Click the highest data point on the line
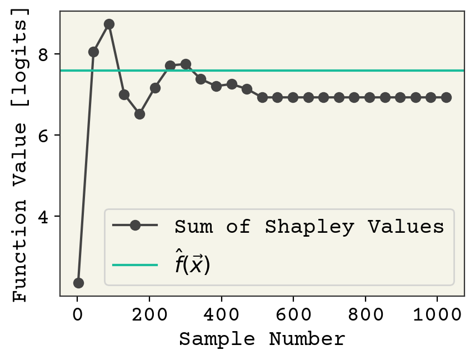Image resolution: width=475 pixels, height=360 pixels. click(x=109, y=24)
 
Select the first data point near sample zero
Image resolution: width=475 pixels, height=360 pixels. click(x=78, y=283)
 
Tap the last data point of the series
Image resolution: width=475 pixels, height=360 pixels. click(x=446, y=97)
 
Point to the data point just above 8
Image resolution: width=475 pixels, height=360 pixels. click(x=93, y=52)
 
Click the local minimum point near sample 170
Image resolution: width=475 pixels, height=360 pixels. click(x=139, y=114)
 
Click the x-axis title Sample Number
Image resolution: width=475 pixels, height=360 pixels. click(x=262, y=339)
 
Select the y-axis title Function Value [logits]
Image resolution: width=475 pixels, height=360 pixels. click(x=21, y=157)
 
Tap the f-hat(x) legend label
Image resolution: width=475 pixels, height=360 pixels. click(x=192, y=264)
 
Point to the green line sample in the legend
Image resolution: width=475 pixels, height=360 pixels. click(x=135, y=265)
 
